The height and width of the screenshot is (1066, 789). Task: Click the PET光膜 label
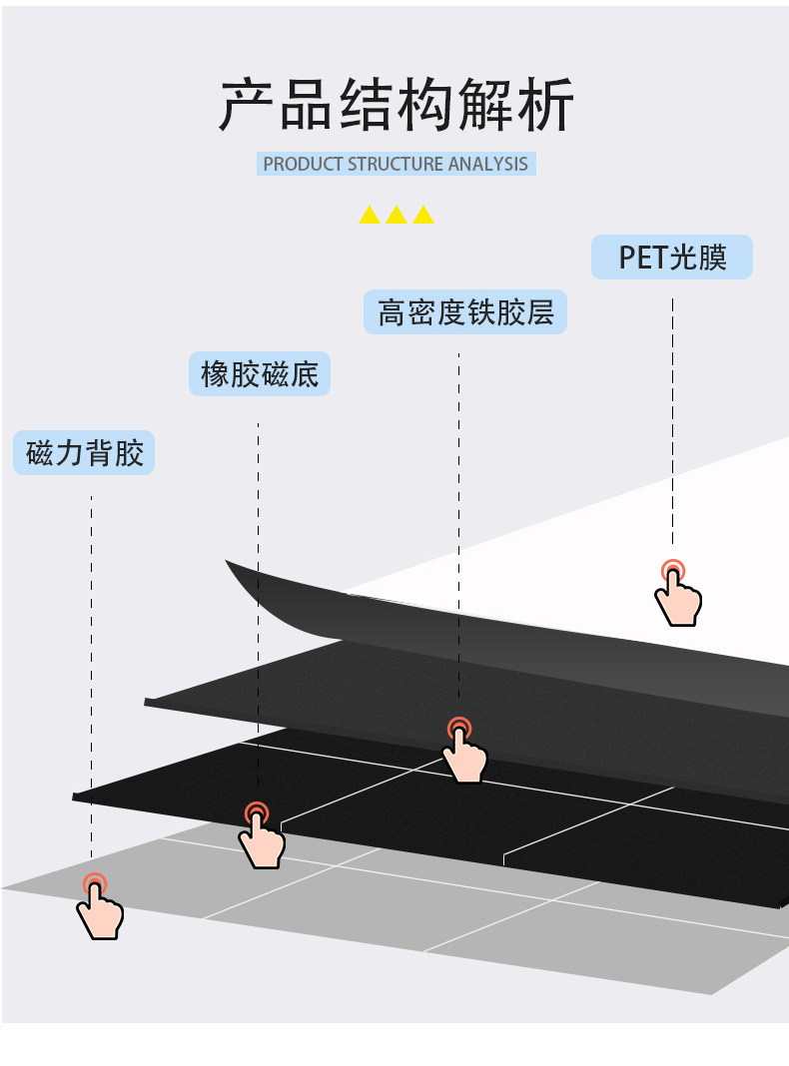coord(671,258)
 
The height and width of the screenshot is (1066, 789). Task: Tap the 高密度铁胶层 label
coord(464,312)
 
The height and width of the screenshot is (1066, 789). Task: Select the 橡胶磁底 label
coord(260,375)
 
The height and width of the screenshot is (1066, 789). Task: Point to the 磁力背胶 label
coord(85,453)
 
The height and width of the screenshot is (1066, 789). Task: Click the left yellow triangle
coord(370,214)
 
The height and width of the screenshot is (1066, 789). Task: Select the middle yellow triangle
coord(396,214)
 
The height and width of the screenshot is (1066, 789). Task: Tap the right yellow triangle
coord(423,214)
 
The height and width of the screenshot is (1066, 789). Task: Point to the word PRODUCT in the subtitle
coord(303,164)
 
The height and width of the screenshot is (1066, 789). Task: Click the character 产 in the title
coord(248,105)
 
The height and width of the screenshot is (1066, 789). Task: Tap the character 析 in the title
coord(546,105)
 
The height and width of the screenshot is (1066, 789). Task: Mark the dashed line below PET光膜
coord(672,419)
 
